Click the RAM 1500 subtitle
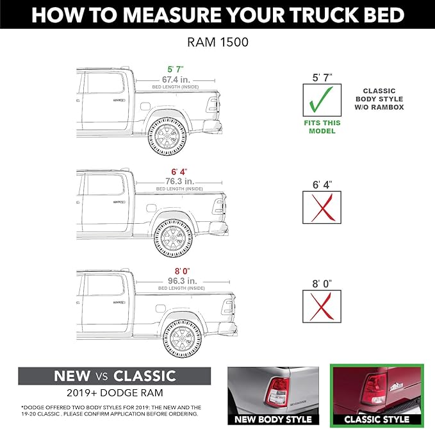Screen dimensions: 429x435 point(217,44)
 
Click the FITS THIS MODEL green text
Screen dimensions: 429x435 point(322,126)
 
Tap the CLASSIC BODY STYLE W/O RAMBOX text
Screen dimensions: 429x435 point(384,99)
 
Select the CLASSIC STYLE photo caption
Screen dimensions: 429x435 point(377,419)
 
